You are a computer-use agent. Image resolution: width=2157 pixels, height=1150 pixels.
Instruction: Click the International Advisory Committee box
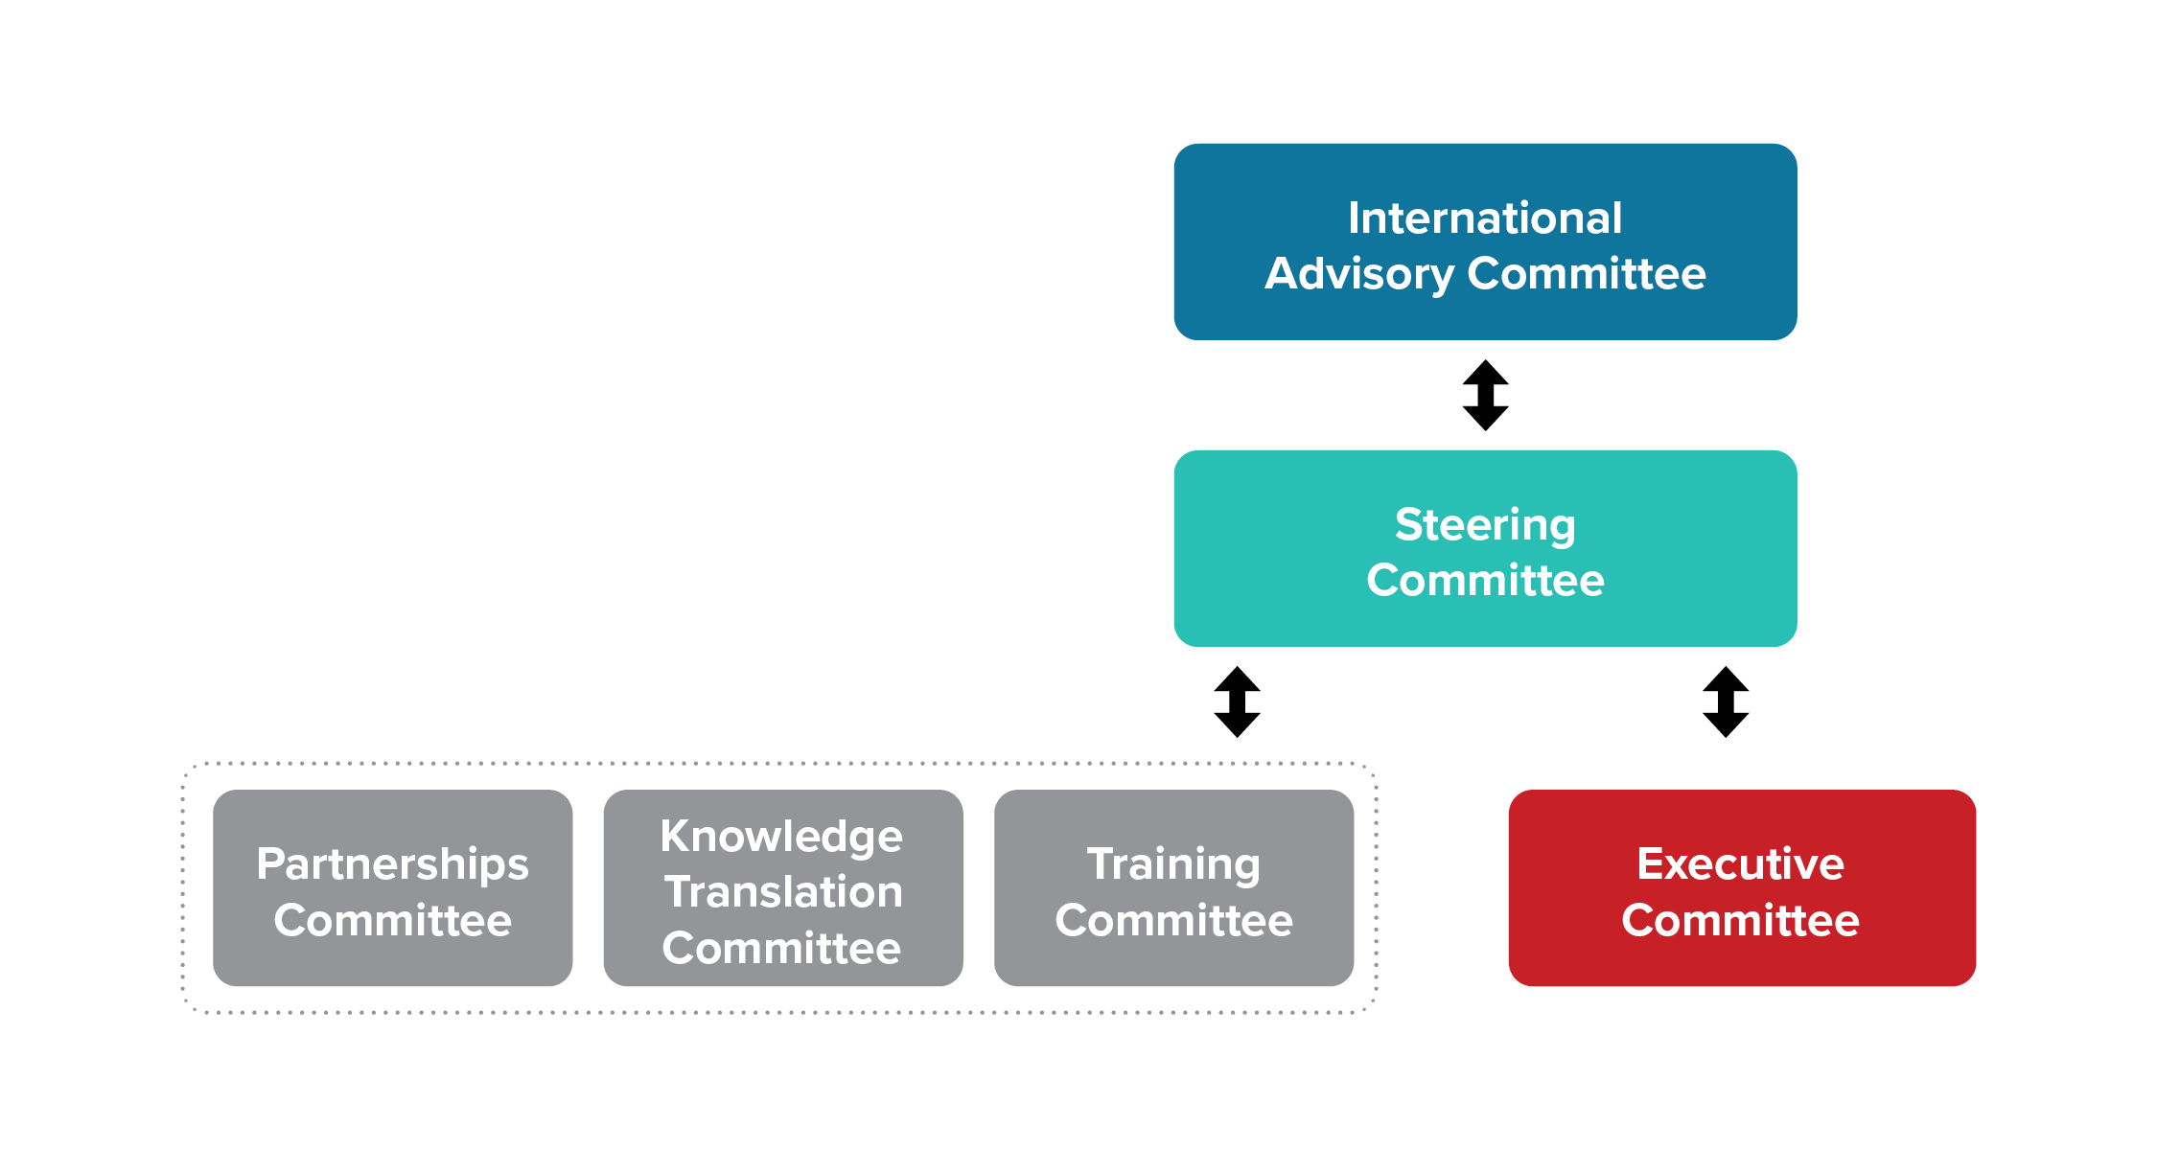coord(1485,241)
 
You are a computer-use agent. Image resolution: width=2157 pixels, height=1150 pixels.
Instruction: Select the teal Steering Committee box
coord(1485,548)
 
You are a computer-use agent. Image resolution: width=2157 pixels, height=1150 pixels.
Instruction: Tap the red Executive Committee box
coord(1742,887)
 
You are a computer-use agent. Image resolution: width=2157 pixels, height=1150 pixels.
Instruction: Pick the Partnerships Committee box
coord(393,887)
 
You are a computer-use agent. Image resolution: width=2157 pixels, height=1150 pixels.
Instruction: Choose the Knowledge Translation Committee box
coord(783,887)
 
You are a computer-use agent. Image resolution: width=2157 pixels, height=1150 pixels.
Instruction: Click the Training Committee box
coord(1174,887)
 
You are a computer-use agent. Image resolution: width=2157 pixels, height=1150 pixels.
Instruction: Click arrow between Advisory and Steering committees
coord(1486,395)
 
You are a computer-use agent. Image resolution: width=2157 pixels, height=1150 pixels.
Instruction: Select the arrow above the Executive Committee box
coord(1726,701)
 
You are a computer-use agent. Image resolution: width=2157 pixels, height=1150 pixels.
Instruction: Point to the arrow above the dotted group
coord(1237,701)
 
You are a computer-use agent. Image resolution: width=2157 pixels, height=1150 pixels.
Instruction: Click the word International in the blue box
coord(1485,218)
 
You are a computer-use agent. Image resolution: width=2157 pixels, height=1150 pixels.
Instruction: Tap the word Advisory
coord(1360,275)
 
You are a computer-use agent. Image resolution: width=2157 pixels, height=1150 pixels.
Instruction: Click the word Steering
coord(1485,526)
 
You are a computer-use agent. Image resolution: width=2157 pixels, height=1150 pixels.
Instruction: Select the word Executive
coord(1741,863)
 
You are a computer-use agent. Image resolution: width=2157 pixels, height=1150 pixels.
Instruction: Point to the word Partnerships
coord(392,865)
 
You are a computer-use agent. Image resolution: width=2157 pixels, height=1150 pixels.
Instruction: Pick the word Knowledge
coord(781,838)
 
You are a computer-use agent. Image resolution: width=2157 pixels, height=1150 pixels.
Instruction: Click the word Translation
coord(783,892)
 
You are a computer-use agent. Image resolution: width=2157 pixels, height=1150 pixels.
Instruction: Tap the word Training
coord(1174,865)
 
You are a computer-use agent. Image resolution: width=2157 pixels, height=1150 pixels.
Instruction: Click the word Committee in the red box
coord(1741,920)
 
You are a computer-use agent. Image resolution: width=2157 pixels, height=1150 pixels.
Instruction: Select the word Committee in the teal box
coord(1485,581)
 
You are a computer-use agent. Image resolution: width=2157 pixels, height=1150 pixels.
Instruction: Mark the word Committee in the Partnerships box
coord(393,920)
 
